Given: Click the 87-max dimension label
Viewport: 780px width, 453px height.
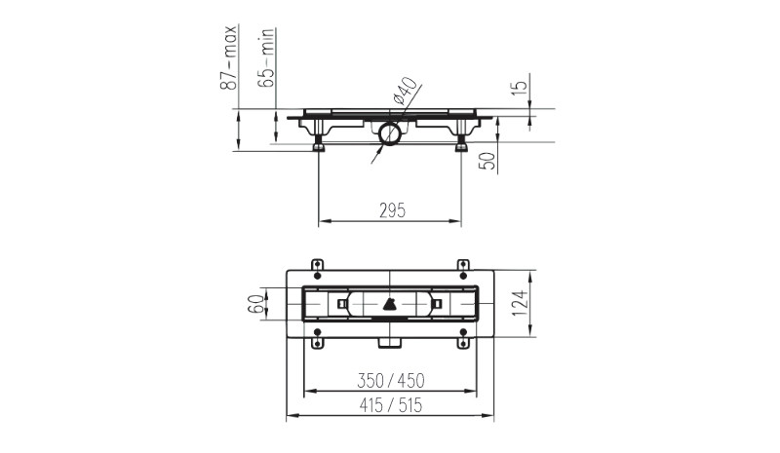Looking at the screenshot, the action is [x=228, y=57].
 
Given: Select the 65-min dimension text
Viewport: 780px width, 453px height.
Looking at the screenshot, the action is [x=265, y=57].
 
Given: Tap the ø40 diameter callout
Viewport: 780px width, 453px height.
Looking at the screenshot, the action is [x=405, y=90].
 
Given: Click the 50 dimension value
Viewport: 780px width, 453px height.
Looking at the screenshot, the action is [x=488, y=161].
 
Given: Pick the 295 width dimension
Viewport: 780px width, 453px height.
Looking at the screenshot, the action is [x=393, y=210].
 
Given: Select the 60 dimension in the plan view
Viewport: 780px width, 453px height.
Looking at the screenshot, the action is [x=255, y=303].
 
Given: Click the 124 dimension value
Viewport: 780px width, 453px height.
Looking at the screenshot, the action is [x=520, y=303].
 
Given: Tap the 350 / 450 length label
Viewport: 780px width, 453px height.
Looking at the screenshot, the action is [x=391, y=381].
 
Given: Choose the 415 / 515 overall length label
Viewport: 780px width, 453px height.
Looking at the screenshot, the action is [x=391, y=405].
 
